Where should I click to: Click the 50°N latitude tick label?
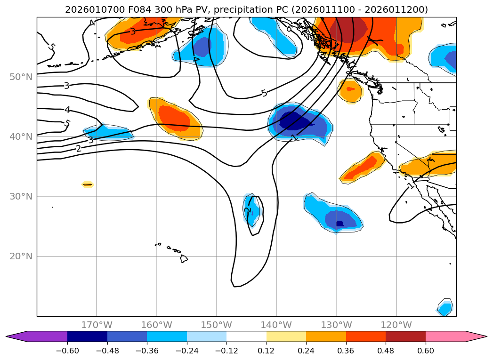pos(21,77)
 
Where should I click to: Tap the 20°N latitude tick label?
pos(21,256)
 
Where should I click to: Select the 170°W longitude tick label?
pos(97,325)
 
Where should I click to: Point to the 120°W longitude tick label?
pos(396,325)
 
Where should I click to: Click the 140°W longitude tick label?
pos(276,325)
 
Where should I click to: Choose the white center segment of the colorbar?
pos(246,336)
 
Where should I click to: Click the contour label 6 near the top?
pos(289,29)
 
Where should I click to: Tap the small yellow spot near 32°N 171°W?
pos(88,184)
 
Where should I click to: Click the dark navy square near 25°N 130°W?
pos(339,223)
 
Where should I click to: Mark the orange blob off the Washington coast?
pos(350,90)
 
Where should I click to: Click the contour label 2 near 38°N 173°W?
pos(79,148)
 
